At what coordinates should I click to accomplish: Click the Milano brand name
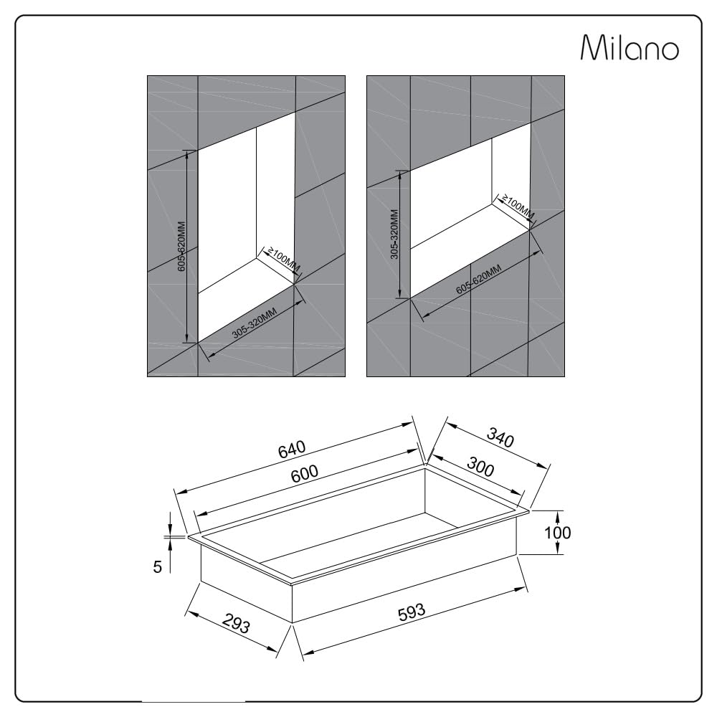[x=630, y=47]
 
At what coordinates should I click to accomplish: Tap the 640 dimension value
[x=292, y=449]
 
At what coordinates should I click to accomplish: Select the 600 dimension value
[x=305, y=473]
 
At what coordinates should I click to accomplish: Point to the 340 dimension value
[x=500, y=437]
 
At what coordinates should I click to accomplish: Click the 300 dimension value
[x=480, y=467]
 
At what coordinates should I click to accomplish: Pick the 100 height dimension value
[x=557, y=532]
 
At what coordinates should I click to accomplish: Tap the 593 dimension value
[x=412, y=613]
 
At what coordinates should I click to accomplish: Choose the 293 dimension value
[x=237, y=622]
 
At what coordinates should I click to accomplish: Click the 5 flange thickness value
[x=157, y=567]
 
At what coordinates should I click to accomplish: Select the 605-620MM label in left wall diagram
[x=181, y=247]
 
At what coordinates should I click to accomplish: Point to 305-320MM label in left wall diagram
[x=255, y=323]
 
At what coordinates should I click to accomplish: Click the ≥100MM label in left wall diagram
[x=283, y=260]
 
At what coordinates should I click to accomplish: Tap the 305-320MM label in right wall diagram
[x=394, y=234]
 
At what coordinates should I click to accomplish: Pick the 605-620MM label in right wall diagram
[x=478, y=280]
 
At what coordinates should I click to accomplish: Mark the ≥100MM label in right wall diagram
[x=518, y=206]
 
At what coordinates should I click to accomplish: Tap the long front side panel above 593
[x=404, y=588]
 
